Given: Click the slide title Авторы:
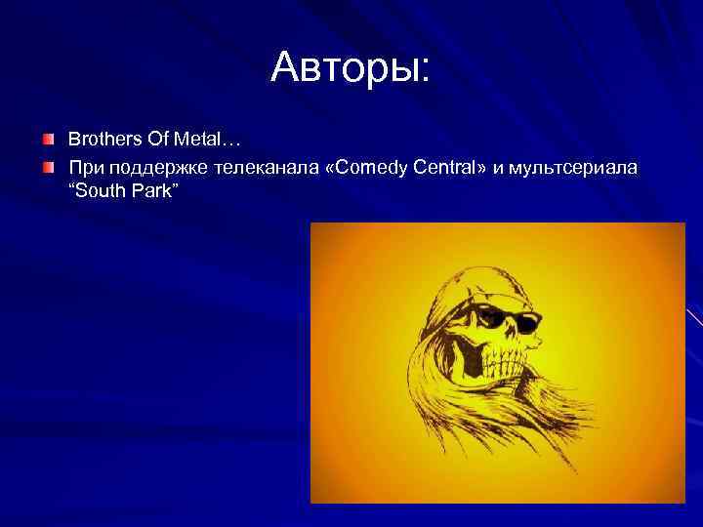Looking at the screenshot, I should [x=351, y=67].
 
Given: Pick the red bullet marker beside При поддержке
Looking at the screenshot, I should [x=48, y=168].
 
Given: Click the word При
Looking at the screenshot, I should [x=83, y=168].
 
